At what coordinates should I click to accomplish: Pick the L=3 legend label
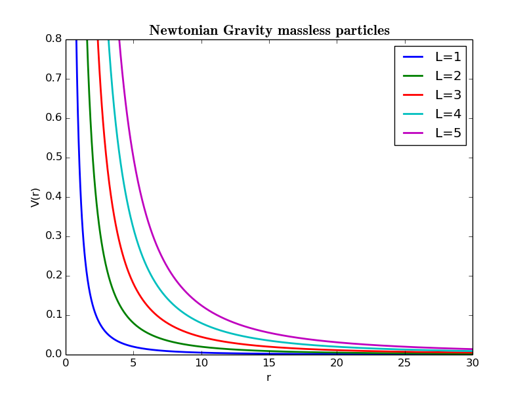(448, 95)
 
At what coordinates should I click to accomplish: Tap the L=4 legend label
(448, 114)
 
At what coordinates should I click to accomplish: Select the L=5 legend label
(448, 133)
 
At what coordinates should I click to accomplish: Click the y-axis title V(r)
(35, 197)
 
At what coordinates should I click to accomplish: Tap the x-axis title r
(268, 378)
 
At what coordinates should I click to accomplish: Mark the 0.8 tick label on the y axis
(53, 39)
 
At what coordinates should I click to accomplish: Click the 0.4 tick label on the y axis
(53, 197)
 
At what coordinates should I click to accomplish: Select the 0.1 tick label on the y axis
(53, 315)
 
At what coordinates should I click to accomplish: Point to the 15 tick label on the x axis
(268, 363)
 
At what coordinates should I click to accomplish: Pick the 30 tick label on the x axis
(472, 363)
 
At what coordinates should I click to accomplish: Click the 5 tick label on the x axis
(133, 363)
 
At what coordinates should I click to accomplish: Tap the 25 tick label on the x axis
(404, 363)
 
